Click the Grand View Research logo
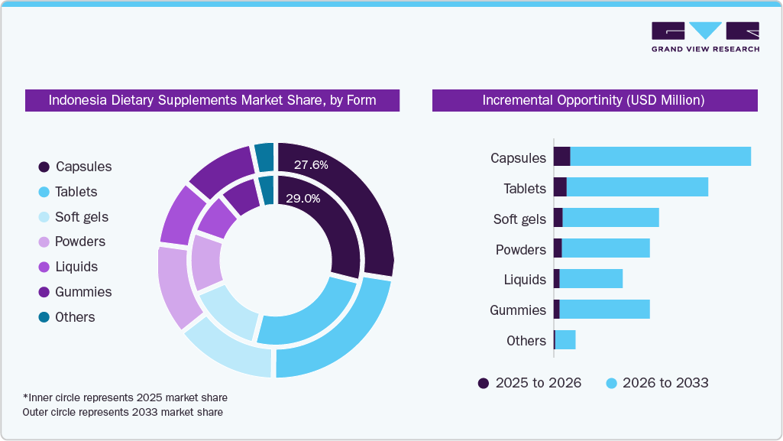(704, 37)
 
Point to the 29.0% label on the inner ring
(303, 198)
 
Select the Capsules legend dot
(44, 167)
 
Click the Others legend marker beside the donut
(44, 317)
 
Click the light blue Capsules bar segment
(660, 156)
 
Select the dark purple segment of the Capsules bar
(561, 156)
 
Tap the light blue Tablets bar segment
(637, 186)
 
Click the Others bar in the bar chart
(565, 339)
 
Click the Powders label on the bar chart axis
(520, 250)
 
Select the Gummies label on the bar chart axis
(518, 310)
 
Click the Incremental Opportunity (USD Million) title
(594, 100)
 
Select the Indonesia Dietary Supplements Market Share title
(212, 100)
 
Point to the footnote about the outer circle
(123, 412)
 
